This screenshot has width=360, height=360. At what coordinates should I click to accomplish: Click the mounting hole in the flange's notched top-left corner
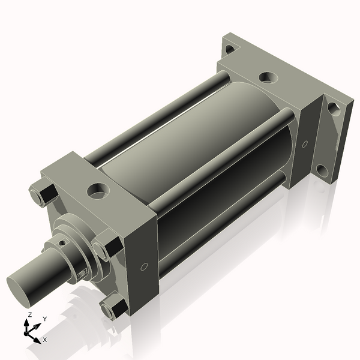(x=229, y=49)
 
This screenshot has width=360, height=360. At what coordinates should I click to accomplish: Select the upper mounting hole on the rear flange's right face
(x=333, y=109)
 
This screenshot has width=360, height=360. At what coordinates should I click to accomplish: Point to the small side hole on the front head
(x=143, y=266)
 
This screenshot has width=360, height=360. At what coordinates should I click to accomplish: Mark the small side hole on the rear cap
(x=305, y=144)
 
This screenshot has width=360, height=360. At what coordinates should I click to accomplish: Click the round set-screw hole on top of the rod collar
(x=62, y=243)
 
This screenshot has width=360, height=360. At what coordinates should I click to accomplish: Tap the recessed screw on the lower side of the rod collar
(x=82, y=274)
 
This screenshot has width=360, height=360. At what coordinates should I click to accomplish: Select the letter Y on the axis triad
(x=45, y=319)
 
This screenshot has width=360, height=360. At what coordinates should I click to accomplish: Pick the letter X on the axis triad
(x=44, y=340)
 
